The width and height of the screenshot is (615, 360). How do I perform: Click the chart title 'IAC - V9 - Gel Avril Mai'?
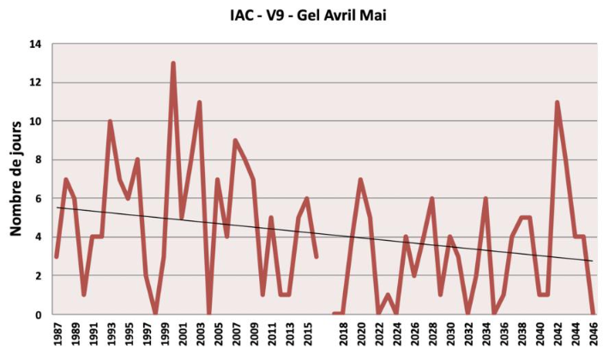[x=306, y=15]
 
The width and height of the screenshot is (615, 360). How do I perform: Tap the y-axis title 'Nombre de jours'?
[x=15, y=179]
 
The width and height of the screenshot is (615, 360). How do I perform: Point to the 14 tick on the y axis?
[x=37, y=44]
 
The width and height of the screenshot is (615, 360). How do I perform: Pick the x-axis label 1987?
[x=57, y=334]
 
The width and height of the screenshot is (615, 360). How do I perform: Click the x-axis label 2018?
[x=343, y=334]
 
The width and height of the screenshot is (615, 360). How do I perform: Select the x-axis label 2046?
[x=594, y=334]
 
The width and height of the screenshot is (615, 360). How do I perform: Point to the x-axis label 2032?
[x=468, y=334]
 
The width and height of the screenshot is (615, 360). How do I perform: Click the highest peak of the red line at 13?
[x=172, y=63]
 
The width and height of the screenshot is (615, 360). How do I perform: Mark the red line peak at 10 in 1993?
[x=110, y=122]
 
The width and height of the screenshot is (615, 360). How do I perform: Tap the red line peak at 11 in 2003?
[x=199, y=103]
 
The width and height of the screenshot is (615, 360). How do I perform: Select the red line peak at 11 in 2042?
[x=558, y=103]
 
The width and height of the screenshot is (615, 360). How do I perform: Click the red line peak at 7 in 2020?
[x=360, y=180]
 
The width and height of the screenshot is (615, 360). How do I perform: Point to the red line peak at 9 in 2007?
[x=235, y=141]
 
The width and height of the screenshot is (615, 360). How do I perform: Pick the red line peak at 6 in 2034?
[x=485, y=199]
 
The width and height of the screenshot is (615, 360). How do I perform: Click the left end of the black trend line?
[x=57, y=207]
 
